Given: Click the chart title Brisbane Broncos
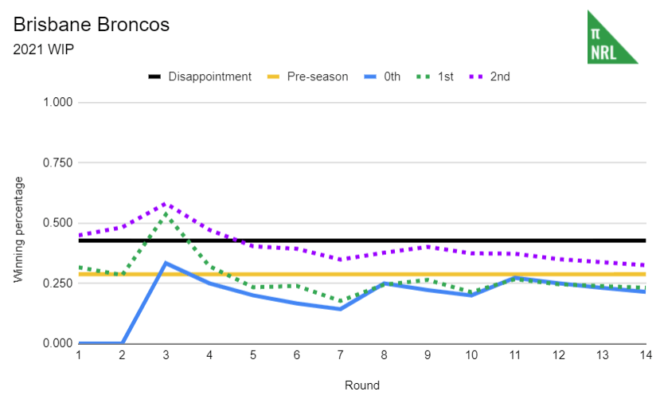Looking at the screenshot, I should (x=92, y=25).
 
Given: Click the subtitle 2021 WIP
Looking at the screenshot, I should (x=45, y=49).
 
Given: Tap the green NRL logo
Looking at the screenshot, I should (x=611, y=37).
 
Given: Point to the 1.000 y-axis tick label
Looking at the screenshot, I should (x=57, y=103).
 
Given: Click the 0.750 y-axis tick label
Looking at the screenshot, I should (x=57, y=163).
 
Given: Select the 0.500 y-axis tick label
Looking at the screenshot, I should (x=57, y=223).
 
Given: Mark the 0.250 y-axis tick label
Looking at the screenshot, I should (x=57, y=284).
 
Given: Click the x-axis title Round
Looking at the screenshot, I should (x=361, y=385).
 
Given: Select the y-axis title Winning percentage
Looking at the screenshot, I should (x=19, y=229).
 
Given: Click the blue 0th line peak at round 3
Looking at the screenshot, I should (x=166, y=263).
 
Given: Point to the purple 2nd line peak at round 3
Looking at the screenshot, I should (x=166, y=204).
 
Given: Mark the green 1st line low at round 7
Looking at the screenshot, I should (x=340, y=302).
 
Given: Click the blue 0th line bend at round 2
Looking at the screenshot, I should (x=123, y=343).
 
